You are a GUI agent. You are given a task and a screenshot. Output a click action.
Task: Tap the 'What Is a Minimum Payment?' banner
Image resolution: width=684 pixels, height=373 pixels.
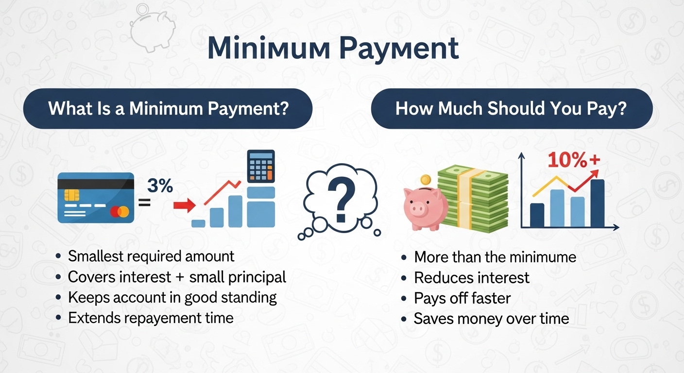[168, 109]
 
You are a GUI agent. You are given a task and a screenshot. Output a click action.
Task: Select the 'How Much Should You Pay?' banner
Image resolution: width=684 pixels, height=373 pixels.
[512, 109]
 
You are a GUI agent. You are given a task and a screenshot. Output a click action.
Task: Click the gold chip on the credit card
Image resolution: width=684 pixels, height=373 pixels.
[72, 195]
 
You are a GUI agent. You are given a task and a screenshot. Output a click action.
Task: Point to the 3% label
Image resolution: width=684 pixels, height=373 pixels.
[160, 186]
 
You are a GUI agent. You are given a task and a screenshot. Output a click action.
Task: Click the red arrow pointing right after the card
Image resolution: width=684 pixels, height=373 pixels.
[185, 205]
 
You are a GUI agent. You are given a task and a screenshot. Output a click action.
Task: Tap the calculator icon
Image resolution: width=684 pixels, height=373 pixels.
[261, 166]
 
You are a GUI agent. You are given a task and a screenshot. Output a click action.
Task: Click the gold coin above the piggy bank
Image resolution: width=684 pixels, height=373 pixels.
[426, 180]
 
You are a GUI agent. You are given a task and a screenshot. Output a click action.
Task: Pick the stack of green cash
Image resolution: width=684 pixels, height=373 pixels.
[473, 199]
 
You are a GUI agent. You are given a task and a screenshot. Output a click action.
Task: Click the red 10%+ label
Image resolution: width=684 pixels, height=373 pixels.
[574, 160]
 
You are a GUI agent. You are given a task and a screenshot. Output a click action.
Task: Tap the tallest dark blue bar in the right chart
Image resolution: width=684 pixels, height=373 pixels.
[598, 203]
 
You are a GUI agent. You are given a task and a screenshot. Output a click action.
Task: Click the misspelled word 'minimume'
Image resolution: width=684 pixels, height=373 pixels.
[543, 257]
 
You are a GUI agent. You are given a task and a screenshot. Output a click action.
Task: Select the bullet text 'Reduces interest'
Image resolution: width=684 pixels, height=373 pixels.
[472, 278]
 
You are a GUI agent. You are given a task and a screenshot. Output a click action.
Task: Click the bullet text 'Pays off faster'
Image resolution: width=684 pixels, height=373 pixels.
[462, 298]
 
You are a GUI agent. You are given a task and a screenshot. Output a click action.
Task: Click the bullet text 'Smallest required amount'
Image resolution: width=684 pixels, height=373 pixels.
[151, 256]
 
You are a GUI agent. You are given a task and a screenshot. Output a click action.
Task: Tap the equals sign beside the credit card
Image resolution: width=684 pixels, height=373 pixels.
[144, 203]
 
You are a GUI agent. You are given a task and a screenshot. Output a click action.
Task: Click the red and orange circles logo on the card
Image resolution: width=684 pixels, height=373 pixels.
[120, 212]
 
